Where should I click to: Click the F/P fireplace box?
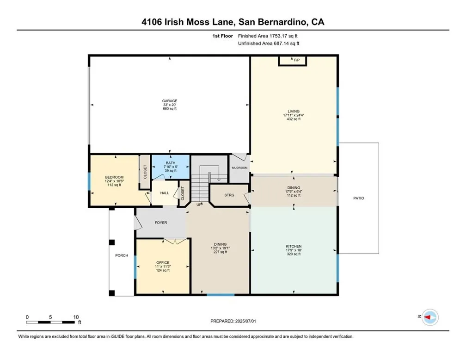point(293,61)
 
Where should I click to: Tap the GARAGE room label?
point(170,101)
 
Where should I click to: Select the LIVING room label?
point(294,111)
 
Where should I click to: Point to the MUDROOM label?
point(239,168)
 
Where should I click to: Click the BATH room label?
point(171,163)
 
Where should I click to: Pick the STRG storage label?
point(229,195)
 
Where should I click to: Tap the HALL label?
point(165,193)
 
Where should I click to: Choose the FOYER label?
point(161,223)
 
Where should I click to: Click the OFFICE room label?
point(163,263)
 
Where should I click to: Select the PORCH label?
point(122,255)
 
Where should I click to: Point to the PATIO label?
point(359,198)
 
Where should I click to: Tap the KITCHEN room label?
point(294,246)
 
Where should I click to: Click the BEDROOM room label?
point(114,177)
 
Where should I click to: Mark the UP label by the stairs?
point(199,205)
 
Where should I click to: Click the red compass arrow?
point(427,317)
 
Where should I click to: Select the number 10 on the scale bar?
point(76,317)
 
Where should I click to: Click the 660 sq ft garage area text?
point(170,109)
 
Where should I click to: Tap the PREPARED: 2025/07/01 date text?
point(233,321)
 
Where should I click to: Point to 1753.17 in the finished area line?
point(278,36)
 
